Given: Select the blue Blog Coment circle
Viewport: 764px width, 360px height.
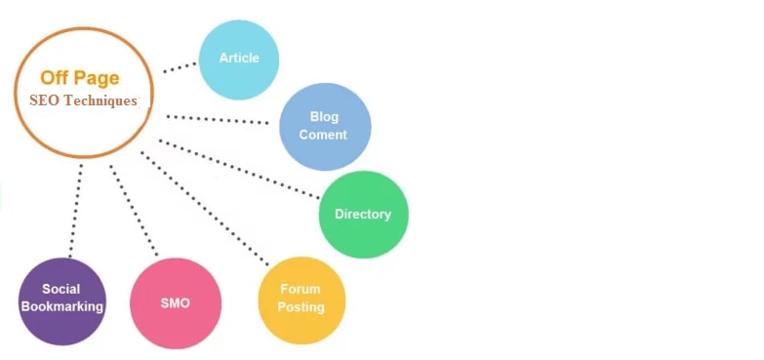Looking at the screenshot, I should click(x=324, y=126).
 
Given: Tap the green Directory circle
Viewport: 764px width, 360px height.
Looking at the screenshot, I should click(x=363, y=215).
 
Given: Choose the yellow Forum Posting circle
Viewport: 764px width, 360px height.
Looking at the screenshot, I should click(x=302, y=299).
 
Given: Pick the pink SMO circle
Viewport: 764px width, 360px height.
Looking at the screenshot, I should click(x=176, y=303).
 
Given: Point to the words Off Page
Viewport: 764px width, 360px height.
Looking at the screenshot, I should click(x=80, y=78).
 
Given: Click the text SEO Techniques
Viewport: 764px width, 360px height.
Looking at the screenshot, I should click(x=84, y=100).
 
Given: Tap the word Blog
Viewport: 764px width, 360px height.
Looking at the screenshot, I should click(x=324, y=117).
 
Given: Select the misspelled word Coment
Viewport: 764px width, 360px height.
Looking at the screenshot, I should click(x=323, y=135).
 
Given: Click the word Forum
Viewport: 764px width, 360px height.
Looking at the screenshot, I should click(x=301, y=290).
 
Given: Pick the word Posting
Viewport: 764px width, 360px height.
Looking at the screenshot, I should click(x=301, y=307).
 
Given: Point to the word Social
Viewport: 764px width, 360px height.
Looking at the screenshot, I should click(x=61, y=290).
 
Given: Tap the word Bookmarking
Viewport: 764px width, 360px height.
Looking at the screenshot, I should click(x=62, y=307).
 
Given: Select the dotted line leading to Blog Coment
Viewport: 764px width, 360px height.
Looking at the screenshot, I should click(x=220, y=120).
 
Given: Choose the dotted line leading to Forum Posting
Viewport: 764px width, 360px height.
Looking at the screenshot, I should click(x=205, y=208).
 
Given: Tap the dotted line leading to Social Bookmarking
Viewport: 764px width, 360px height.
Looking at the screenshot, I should click(x=76, y=210).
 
